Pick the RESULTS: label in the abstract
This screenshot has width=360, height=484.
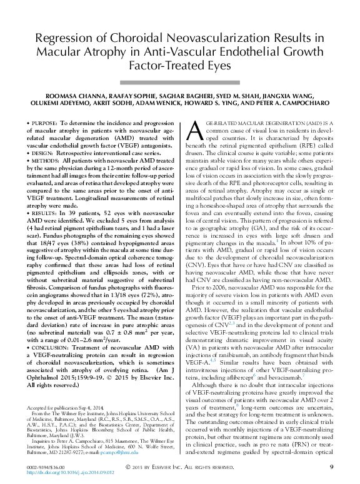point(49,213)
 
